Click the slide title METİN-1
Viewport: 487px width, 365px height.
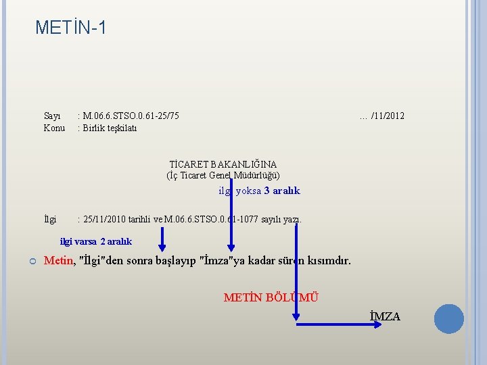(70, 28)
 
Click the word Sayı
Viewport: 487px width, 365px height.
(52, 116)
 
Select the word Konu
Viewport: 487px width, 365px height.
(54, 128)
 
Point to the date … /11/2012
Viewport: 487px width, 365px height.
(382, 116)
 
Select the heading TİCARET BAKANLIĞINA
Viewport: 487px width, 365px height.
(223, 164)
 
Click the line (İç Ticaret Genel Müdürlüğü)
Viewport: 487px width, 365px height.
(223, 176)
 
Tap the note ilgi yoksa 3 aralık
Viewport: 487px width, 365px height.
(259, 191)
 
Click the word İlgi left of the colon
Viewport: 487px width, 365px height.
(50, 219)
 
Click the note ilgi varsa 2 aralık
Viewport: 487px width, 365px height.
(96, 241)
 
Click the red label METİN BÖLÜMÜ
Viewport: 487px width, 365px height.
(271, 297)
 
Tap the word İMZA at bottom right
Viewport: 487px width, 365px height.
(385, 316)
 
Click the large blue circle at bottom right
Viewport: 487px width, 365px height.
(449, 319)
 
